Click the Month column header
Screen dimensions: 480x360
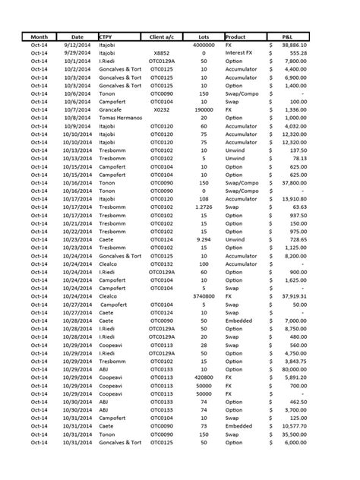39,36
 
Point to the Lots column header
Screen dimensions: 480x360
203,36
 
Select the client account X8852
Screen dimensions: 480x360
162,54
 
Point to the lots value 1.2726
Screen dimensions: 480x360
203,205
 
